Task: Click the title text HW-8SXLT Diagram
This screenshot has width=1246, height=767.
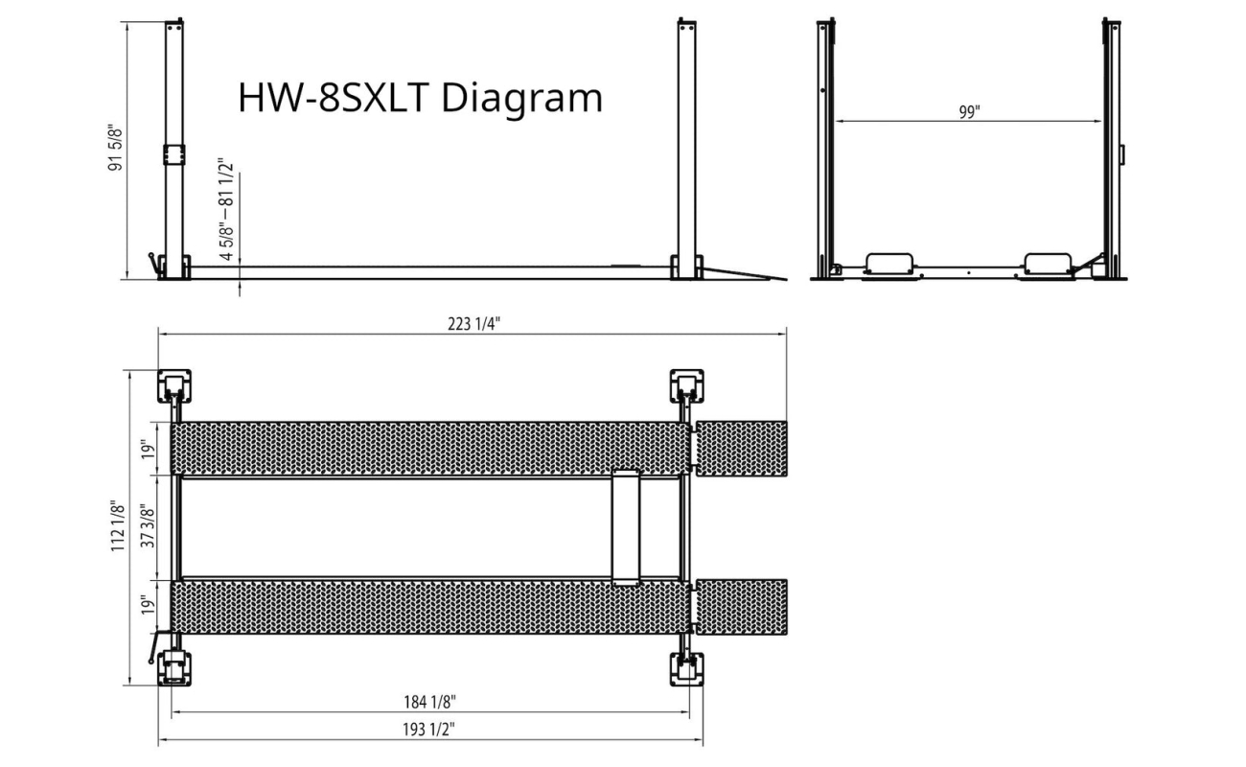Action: point(420,98)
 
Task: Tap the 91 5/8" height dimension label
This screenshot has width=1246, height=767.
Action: point(115,148)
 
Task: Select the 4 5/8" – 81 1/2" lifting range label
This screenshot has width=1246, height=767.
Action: point(226,209)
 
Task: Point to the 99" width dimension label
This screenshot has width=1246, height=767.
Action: point(969,112)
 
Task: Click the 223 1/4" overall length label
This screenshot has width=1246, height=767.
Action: point(473,323)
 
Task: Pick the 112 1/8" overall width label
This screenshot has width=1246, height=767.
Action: point(117,526)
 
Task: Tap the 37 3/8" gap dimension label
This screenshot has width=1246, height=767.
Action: point(148,526)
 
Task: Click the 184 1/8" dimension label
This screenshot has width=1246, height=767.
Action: point(429,702)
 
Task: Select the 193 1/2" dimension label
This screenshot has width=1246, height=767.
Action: point(428,730)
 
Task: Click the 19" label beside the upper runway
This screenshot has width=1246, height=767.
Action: point(148,450)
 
